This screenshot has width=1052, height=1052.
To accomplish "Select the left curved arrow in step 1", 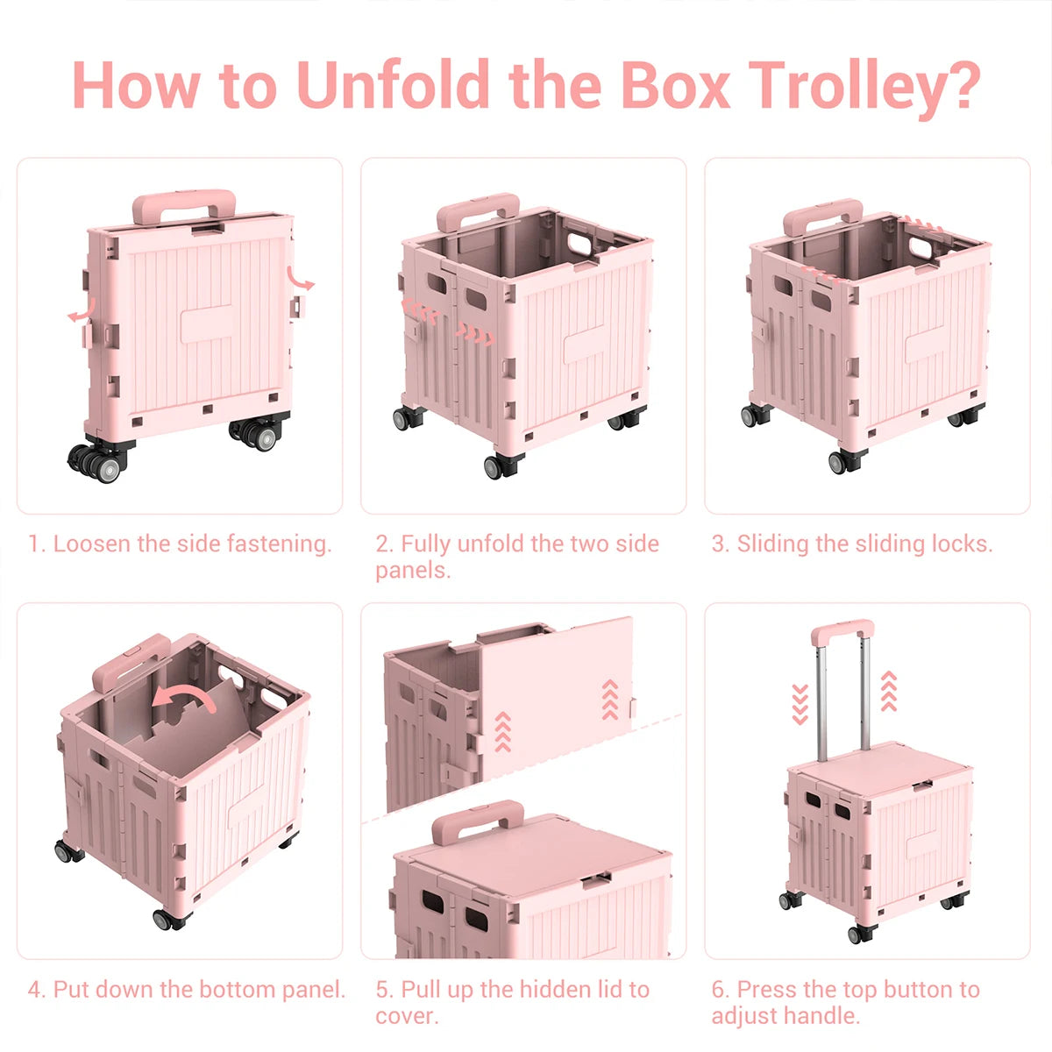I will [x=82, y=309].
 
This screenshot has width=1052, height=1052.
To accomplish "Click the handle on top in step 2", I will [x=479, y=210].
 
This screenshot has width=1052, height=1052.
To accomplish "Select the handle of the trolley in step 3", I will [x=822, y=216].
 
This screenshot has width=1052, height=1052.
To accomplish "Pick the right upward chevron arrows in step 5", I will [x=610, y=700].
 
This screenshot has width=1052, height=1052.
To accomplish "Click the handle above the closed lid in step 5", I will [x=478, y=821].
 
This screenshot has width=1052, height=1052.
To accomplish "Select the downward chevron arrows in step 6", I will [x=800, y=704].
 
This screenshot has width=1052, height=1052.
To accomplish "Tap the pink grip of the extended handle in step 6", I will [x=842, y=629].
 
